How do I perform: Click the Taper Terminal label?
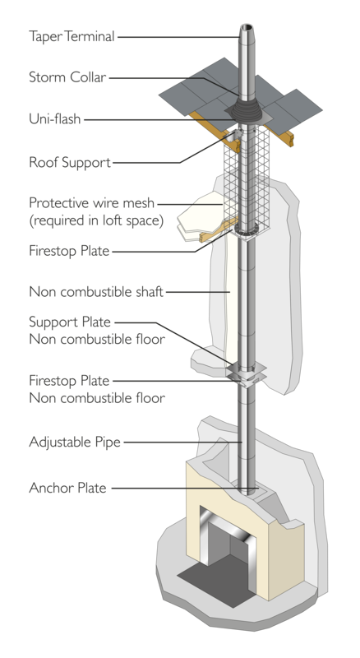[72, 36]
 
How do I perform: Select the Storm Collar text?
[67, 77]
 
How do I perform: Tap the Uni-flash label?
[54, 118]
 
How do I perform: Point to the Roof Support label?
[70, 162]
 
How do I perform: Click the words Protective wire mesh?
[91, 203]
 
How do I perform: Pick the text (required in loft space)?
[96, 220]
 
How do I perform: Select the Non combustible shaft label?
[96, 292]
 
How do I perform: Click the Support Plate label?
[70, 322]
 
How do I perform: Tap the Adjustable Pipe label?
[75, 442]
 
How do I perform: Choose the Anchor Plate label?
[67, 488]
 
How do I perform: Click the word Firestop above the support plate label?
[48, 251]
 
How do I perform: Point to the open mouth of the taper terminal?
[247, 27]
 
